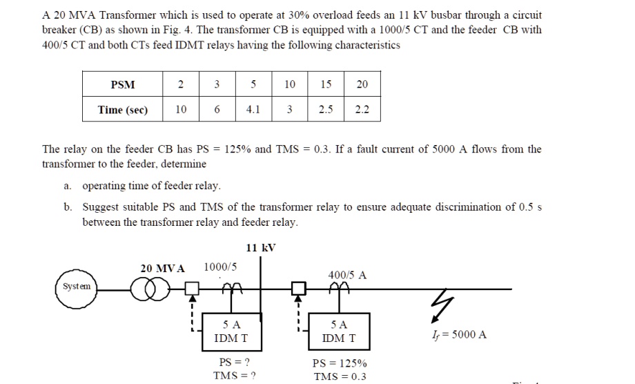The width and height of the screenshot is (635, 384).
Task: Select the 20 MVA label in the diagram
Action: click(x=162, y=268)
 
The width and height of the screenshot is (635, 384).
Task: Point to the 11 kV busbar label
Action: click(x=260, y=249)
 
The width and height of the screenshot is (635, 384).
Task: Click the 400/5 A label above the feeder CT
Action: click(x=347, y=275)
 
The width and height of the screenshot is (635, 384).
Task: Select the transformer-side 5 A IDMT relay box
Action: click(x=231, y=332)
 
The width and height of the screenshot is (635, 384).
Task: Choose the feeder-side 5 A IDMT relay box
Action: click(x=339, y=332)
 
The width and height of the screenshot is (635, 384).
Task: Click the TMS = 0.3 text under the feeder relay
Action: click(x=339, y=376)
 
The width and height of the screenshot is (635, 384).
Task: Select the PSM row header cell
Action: click(x=123, y=85)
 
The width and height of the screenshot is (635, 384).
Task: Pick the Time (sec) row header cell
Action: click(x=123, y=110)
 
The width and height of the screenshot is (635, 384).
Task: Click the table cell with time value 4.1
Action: click(x=253, y=110)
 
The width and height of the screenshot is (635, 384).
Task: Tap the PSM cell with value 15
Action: click(x=326, y=85)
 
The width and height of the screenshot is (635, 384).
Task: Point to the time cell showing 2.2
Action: click(x=362, y=110)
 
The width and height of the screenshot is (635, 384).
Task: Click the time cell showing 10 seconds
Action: click(x=180, y=110)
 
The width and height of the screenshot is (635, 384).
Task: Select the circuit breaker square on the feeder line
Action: click(x=298, y=287)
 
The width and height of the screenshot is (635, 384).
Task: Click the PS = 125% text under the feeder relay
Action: click(x=340, y=363)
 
